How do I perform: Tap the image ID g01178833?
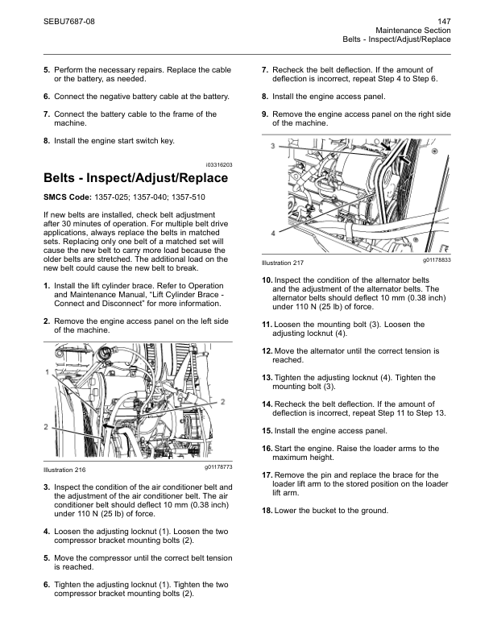[436, 260]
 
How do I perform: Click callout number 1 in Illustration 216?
[48, 371]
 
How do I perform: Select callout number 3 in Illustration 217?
[272, 146]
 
